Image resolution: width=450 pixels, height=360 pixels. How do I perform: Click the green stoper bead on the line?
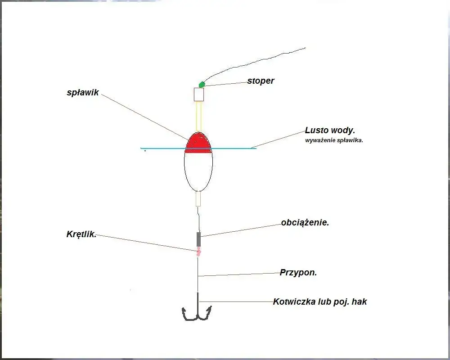(202, 85)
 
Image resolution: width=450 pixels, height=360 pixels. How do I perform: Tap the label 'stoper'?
(261, 81)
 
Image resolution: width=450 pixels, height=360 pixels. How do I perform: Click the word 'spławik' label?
(83, 92)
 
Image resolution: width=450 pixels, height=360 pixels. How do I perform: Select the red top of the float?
(198, 143)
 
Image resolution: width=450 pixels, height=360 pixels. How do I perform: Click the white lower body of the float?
(198, 171)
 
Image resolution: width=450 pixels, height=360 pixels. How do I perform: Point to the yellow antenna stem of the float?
(198, 117)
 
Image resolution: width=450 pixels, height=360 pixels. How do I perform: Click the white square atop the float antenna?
(198, 94)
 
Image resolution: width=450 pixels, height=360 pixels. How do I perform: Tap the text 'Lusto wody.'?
(330, 130)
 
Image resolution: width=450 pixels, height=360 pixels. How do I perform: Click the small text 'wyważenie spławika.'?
(334, 141)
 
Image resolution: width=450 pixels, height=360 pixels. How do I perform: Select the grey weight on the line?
(198, 239)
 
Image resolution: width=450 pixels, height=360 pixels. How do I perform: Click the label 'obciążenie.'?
(305, 222)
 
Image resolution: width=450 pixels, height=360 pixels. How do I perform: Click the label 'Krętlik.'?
(81, 234)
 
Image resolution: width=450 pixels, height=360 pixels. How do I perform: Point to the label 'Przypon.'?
(298, 272)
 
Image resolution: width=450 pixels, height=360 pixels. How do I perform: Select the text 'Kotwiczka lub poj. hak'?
(320, 301)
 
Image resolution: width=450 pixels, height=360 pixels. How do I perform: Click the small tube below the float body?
(198, 199)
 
